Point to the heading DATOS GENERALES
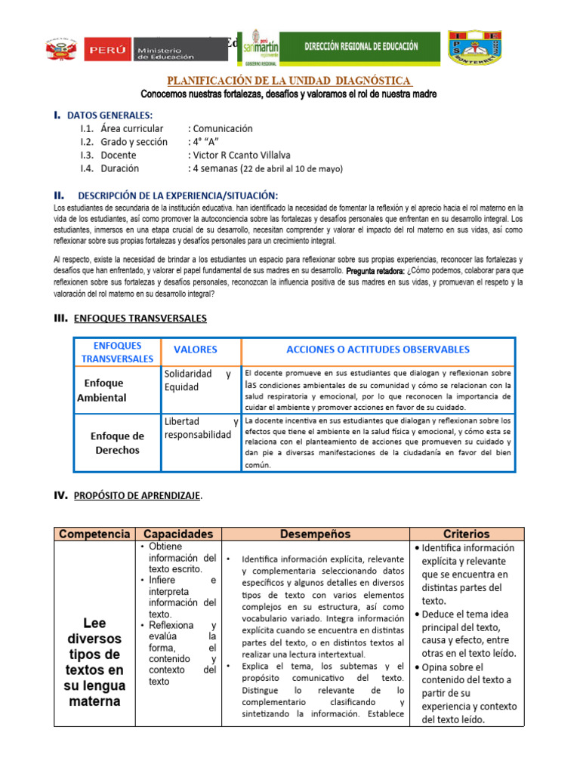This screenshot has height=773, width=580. click(x=110, y=115)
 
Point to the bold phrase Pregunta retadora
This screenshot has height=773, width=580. click(x=375, y=269)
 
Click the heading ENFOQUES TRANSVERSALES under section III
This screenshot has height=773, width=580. click(x=140, y=319)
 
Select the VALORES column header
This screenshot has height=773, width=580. click(x=196, y=350)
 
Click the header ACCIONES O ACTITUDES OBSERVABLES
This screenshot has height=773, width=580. click(x=378, y=350)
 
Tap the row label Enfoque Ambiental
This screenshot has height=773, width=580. click(x=102, y=390)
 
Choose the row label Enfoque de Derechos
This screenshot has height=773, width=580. click(x=117, y=443)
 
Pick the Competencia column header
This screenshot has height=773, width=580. click(x=94, y=534)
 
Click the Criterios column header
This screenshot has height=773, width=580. click(x=467, y=534)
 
